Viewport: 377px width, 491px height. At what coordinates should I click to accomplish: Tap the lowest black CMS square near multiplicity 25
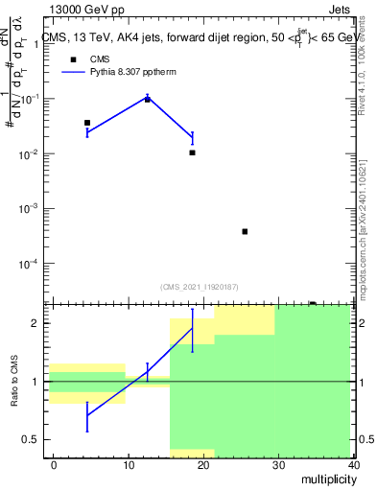pos(245,231)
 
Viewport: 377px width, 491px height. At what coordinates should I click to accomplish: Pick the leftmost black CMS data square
pos(87,123)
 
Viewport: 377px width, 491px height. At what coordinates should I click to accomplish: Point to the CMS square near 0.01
pos(192,152)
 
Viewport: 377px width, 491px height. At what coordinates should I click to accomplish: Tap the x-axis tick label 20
pos(203,465)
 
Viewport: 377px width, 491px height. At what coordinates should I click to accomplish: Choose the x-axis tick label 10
pos(129,465)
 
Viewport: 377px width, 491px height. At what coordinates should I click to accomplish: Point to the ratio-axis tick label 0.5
pos(35,440)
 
